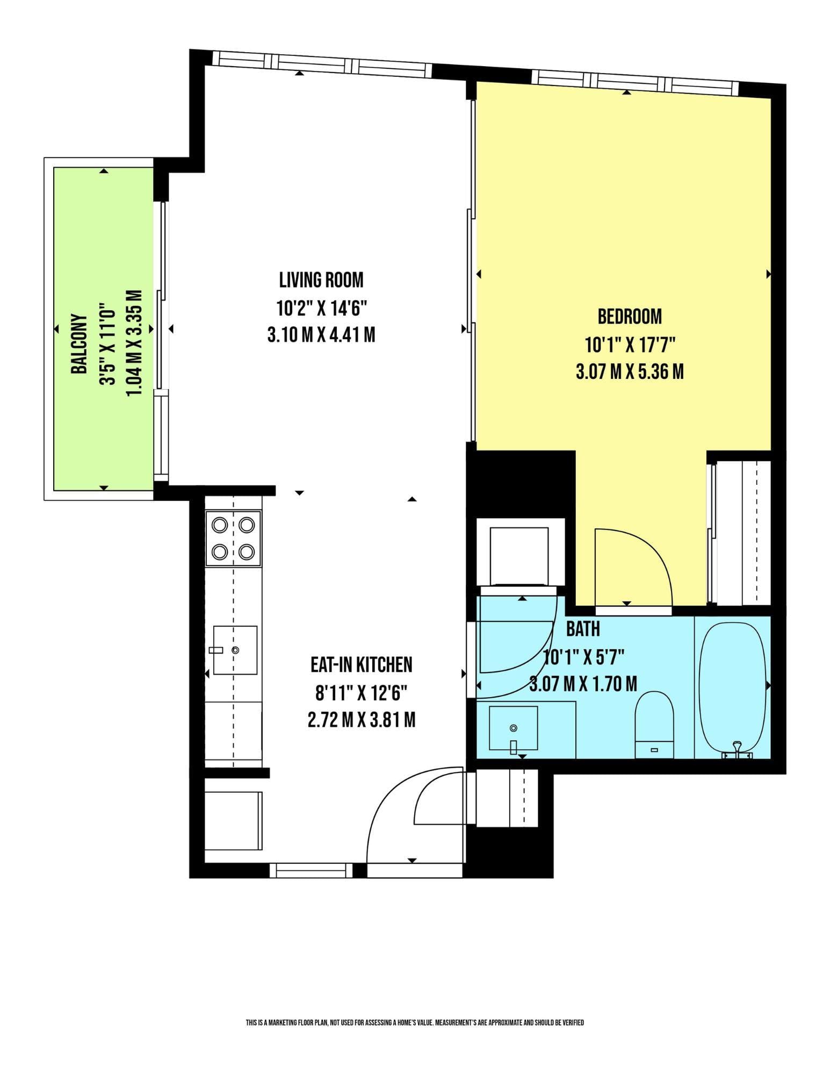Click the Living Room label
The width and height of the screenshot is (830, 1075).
coord(321,280)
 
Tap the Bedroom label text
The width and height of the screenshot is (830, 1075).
coord(630,317)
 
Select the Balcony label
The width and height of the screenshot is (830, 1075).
coord(79,344)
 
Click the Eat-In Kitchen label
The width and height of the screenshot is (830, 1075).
coord(362,665)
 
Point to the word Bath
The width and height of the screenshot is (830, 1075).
coord(583,628)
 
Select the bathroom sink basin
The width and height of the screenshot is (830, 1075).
coord(514,728)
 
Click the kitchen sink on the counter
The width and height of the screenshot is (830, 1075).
coord(235,650)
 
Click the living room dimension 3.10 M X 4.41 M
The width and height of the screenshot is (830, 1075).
coord(321,335)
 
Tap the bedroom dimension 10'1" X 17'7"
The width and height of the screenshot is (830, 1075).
coord(630,344)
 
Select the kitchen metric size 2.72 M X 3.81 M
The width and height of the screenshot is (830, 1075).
coord(362,719)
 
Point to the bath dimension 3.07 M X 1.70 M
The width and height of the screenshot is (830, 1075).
coord(583,684)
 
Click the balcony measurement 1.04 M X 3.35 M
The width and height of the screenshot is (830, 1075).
coord(134,344)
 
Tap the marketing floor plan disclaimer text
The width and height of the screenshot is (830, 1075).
coord(415,1022)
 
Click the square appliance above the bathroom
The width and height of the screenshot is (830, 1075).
coord(519,555)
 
